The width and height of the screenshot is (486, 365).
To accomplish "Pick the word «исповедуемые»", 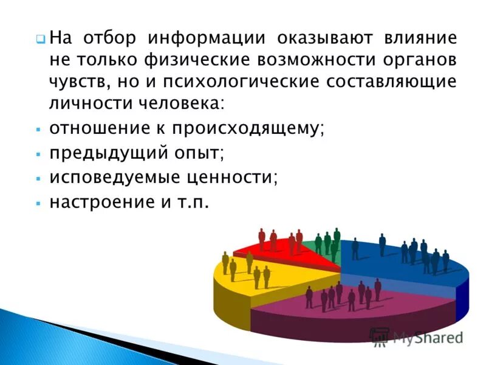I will (112, 178).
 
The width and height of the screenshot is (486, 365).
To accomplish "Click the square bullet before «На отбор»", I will (39, 39).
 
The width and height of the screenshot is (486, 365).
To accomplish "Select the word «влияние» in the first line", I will (419, 38).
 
